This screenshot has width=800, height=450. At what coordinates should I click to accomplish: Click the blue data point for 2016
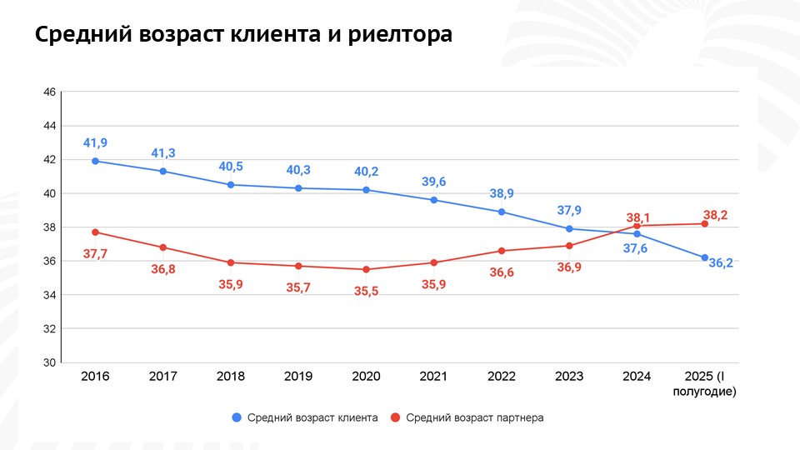pyautogui.click(x=95, y=161)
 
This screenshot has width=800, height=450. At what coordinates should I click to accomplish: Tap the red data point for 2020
pyautogui.click(x=366, y=269)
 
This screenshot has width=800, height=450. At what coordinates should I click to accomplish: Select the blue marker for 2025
pyautogui.click(x=704, y=257)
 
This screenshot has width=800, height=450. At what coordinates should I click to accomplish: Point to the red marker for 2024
pyautogui.click(x=637, y=226)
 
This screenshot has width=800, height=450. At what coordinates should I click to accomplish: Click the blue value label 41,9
pyautogui.click(x=95, y=143)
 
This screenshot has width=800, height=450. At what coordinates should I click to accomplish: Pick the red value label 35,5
pyautogui.click(x=366, y=291)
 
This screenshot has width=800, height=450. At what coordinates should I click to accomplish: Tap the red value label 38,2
pyautogui.click(x=716, y=214)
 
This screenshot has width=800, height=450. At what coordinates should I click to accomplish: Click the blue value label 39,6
pyautogui.click(x=433, y=182)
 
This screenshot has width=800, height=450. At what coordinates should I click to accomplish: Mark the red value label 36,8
pyautogui.click(x=163, y=268)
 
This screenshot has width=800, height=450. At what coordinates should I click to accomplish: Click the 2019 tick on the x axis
pyautogui.click(x=298, y=377)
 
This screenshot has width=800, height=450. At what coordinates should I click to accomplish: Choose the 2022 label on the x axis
pyautogui.click(x=501, y=377)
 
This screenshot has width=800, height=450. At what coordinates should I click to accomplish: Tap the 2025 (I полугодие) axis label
pyautogui.click(x=704, y=383)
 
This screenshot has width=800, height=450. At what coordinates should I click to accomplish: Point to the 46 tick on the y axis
pyautogui.click(x=48, y=92)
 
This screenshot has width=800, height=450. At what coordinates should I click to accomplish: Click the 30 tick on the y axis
pyautogui.click(x=48, y=363)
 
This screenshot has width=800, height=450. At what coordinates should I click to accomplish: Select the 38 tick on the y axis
pyautogui.click(x=48, y=227)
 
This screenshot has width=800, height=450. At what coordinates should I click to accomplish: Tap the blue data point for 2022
pyautogui.click(x=501, y=212)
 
